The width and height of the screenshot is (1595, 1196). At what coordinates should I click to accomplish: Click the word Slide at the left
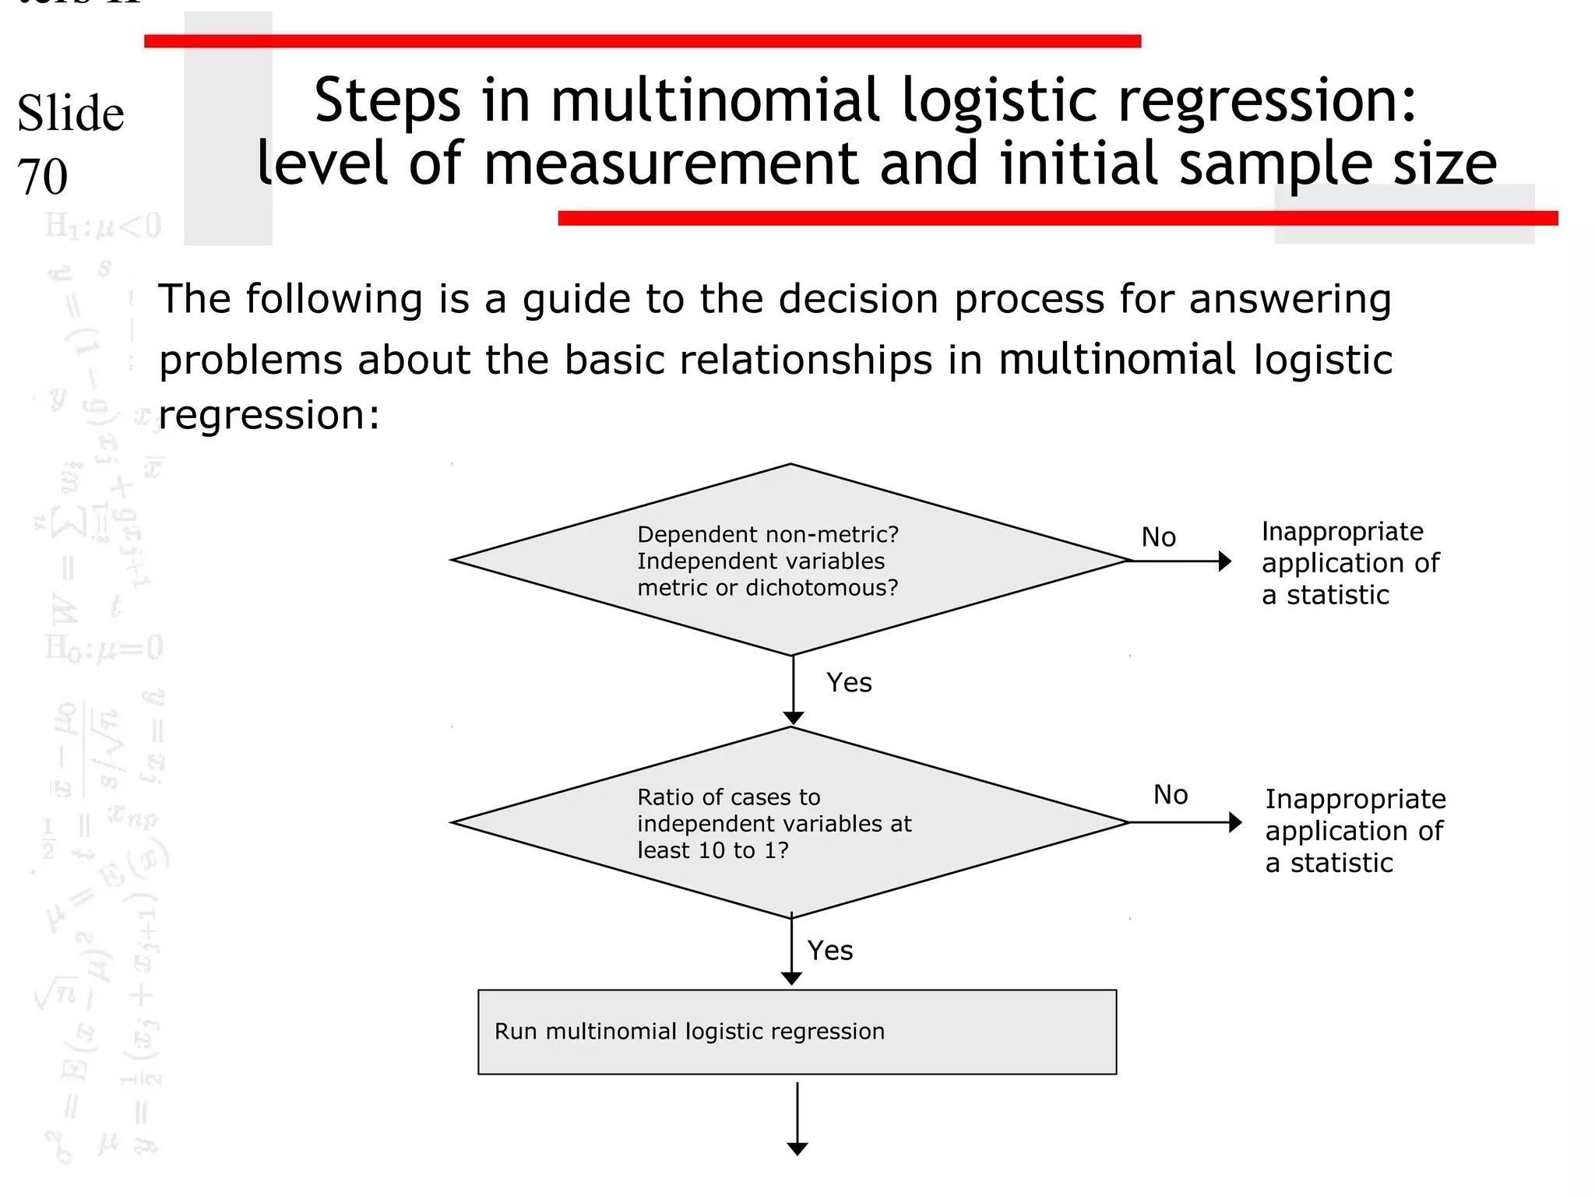pos(70,114)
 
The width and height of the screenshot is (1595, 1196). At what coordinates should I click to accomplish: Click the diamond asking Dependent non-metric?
pos(790,560)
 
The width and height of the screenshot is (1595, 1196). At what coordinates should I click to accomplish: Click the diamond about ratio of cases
pos(790,823)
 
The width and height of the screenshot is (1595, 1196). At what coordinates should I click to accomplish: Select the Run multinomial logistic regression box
pos(797,1032)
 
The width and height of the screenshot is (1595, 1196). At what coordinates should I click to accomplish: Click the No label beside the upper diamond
pos(1158,537)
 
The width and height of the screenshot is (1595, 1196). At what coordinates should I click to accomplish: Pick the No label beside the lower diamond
pos(1170,795)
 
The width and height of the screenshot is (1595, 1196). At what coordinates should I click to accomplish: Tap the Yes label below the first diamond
pos(849,683)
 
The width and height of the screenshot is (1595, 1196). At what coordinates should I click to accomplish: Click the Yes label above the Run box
pos(829,951)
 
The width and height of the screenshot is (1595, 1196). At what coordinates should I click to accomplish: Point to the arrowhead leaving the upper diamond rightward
pos(1224,561)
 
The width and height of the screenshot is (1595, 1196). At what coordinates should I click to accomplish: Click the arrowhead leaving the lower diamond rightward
pos(1234,822)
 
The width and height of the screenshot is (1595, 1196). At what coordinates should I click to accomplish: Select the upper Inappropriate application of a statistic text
pos(1350,563)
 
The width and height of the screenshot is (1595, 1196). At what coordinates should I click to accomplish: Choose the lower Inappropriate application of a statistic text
pos(1354,831)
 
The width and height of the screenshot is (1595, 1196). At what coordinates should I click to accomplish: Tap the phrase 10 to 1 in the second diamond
pos(739,850)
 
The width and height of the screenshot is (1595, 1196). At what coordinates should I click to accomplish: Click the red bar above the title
pos(642,41)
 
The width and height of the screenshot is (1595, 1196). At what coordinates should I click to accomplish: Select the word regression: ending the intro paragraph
pos(269,414)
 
